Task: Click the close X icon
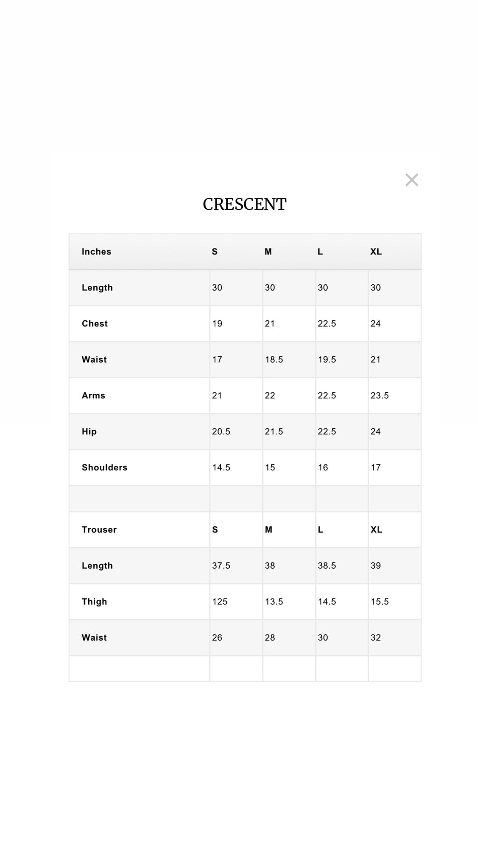pyautogui.click(x=412, y=180)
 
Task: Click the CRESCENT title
pyautogui.click(x=244, y=205)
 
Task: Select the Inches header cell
pyautogui.click(x=97, y=252)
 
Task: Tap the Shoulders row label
pyautogui.click(x=105, y=467)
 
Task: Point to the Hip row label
pyautogui.click(x=89, y=432)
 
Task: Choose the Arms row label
pyautogui.click(x=93, y=396)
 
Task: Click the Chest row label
pyautogui.click(x=95, y=324)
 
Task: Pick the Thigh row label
pyautogui.click(x=94, y=602)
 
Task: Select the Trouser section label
pyautogui.click(x=99, y=530)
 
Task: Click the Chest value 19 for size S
pyautogui.click(x=217, y=324)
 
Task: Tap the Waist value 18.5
pyautogui.click(x=274, y=360)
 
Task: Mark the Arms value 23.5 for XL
pyautogui.click(x=380, y=396)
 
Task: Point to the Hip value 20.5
pyautogui.click(x=221, y=432)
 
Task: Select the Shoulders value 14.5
pyautogui.click(x=221, y=467)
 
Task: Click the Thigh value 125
pyautogui.click(x=220, y=602)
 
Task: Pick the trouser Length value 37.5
pyautogui.click(x=221, y=566)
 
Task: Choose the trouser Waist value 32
pyautogui.click(x=376, y=637)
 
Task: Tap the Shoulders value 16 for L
pyautogui.click(x=323, y=467)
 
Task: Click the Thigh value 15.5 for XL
pyautogui.click(x=380, y=602)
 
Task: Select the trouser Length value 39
pyautogui.click(x=376, y=566)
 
